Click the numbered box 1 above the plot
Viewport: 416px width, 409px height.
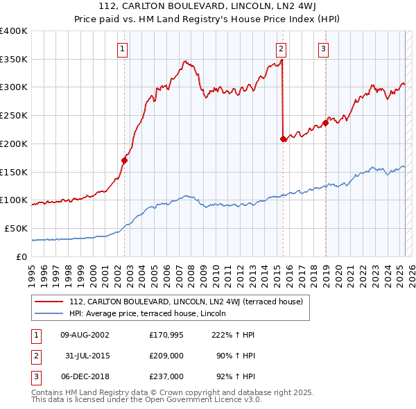tap(122, 49)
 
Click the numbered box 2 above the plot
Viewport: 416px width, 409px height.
tap(281, 49)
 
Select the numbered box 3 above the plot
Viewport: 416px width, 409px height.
tap(324, 49)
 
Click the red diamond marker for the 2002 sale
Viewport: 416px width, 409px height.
tap(125, 160)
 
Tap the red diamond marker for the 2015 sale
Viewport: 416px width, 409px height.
tap(283, 139)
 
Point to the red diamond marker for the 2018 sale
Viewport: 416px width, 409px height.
tap(325, 123)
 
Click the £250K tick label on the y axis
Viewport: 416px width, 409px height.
tap(13, 115)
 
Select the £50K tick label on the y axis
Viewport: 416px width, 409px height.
tap(16, 228)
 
